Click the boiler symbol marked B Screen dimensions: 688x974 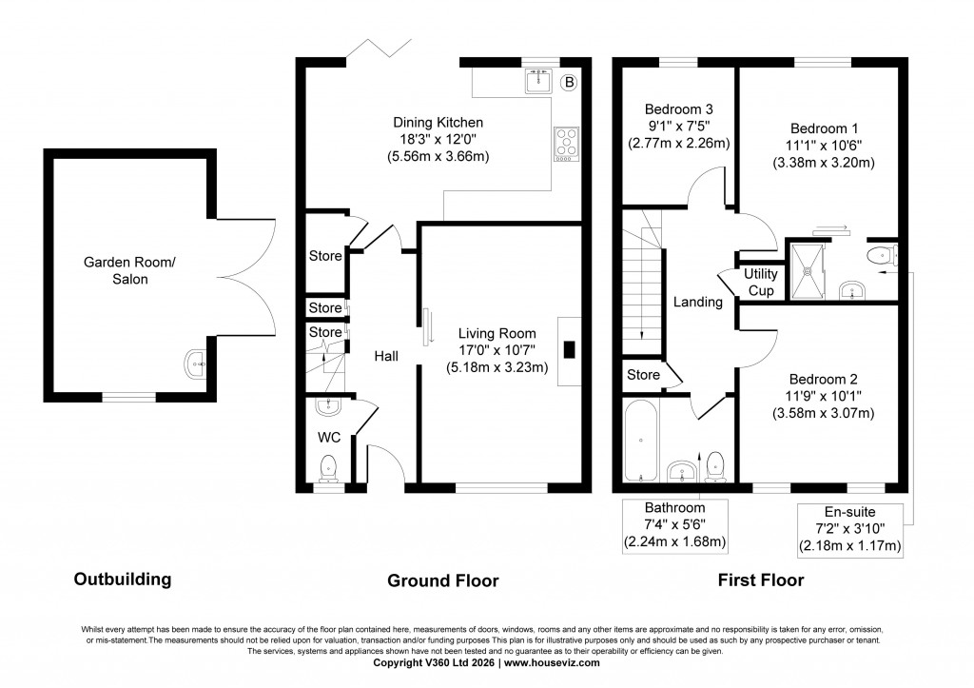pos(569,83)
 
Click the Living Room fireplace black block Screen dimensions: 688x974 pos(569,349)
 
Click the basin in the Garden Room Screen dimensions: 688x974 pos(197,363)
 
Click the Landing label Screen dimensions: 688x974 pos(697,303)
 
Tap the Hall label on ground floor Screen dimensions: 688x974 pos(385,356)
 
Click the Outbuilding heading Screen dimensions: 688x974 pos(123,579)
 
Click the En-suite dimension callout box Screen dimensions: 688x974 pos(849,529)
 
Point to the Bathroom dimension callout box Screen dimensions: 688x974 pos(674,525)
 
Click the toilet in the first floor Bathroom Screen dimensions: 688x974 pos(716,463)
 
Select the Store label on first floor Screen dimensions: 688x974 pos(643,375)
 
